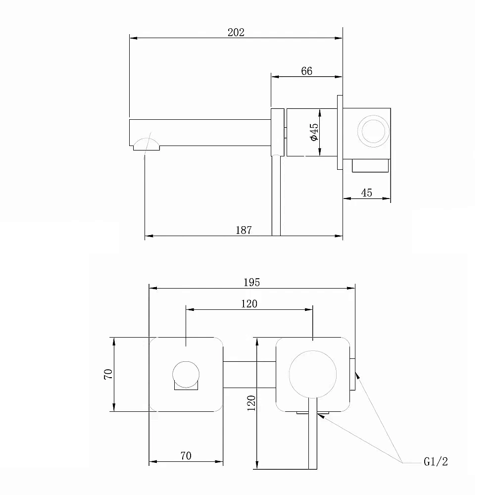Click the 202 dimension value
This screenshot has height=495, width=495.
(236, 33)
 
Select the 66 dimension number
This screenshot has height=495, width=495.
(306, 71)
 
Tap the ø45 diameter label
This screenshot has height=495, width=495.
(314, 132)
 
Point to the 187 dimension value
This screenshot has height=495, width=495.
(244, 230)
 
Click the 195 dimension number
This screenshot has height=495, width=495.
(251, 282)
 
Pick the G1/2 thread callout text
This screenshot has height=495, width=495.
(436, 461)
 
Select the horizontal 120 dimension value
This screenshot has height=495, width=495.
(249, 304)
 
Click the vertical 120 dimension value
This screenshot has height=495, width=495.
(251, 403)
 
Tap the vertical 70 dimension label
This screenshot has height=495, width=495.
(108, 374)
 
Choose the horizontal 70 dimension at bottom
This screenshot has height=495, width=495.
(186, 455)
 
